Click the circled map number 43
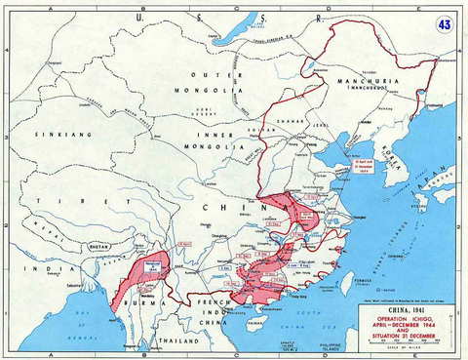tap(445, 22)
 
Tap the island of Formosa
tap(348, 284)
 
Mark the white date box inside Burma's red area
tap(152, 262)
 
